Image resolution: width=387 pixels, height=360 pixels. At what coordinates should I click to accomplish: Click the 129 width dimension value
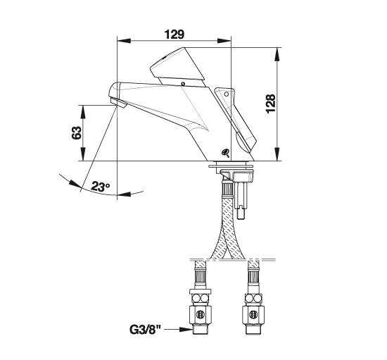[175, 35]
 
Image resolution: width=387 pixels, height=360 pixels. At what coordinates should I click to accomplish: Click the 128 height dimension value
[271, 104]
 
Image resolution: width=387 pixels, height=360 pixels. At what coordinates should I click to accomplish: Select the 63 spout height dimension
[76, 132]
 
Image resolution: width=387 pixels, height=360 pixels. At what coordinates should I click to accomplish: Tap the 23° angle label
[100, 186]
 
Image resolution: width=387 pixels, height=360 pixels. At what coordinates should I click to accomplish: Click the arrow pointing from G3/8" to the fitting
[178, 330]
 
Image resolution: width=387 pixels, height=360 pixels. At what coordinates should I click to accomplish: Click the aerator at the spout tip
[118, 102]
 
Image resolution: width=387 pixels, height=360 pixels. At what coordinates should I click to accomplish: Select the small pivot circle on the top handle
[183, 84]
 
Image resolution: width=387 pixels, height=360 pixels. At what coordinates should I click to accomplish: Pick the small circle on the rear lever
[227, 94]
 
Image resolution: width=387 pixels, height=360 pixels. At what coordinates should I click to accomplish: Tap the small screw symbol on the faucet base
[226, 153]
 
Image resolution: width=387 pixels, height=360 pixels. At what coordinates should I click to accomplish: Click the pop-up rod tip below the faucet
[241, 213]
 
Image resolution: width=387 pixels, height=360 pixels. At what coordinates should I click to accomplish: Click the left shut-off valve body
[200, 314]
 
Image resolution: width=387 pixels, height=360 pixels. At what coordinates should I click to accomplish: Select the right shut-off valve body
[253, 314]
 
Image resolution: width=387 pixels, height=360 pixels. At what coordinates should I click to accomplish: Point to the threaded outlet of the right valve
[253, 329]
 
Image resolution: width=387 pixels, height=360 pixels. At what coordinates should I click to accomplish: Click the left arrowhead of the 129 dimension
[124, 41]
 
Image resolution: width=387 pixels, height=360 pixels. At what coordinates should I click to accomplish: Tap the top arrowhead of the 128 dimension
[277, 54]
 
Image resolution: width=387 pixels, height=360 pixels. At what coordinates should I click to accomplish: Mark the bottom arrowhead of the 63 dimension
[83, 154]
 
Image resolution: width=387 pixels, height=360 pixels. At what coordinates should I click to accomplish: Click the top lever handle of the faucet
[177, 66]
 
